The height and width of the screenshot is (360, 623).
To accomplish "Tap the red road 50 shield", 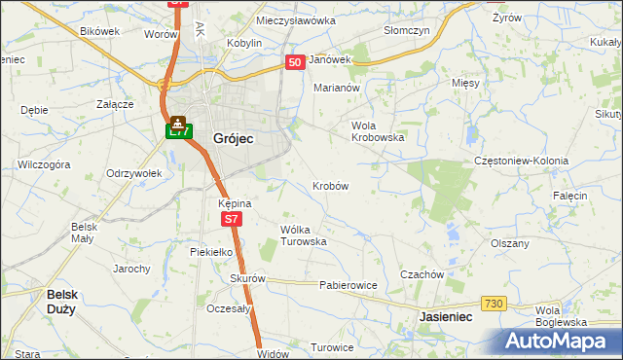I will pyautogui.click(x=296, y=62).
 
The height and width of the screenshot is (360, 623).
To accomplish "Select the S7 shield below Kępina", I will pyautogui.click(x=230, y=221).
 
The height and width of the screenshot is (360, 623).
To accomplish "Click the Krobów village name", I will pyautogui.click(x=331, y=185).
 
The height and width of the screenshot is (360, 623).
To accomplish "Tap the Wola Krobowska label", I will pyautogui.click(x=378, y=131).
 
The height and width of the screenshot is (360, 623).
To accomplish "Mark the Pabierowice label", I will pyautogui.click(x=348, y=286).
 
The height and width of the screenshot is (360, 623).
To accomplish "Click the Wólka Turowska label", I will pyautogui.click(x=303, y=235).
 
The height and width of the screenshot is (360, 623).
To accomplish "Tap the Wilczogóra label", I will pyautogui.click(x=44, y=165).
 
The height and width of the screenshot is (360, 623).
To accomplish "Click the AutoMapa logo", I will pyautogui.click(x=561, y=341).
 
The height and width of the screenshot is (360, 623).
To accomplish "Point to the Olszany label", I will pyautogui.click(x=510, y=244).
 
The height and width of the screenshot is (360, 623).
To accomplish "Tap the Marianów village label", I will pyautogui.click(x=337, y=88).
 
